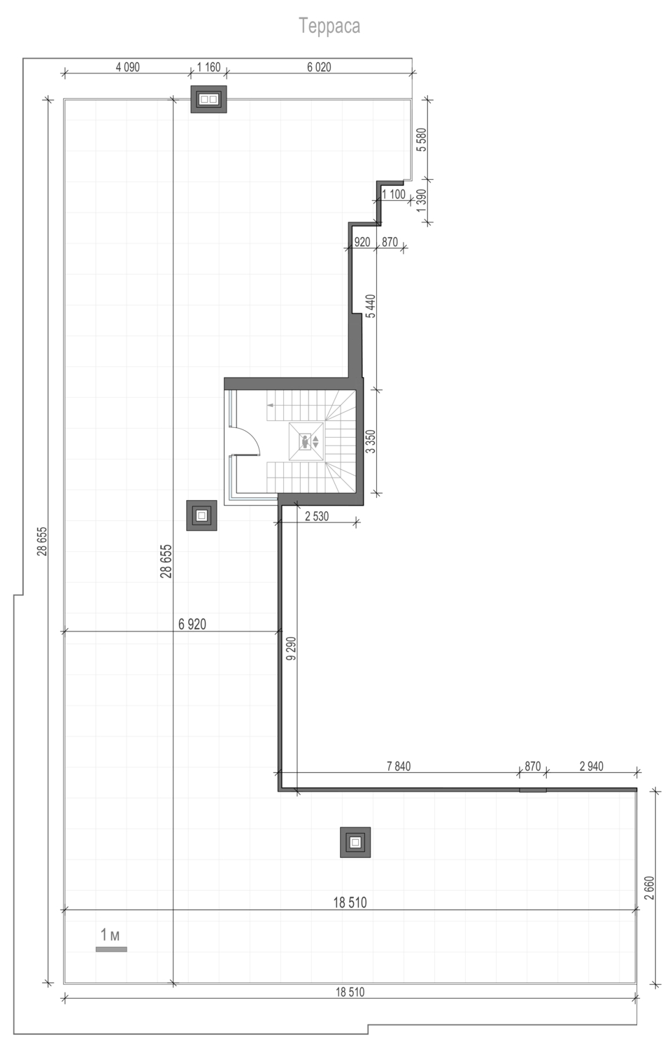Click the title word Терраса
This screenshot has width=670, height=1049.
[329, 27]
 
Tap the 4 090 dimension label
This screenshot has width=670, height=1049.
[128, 67]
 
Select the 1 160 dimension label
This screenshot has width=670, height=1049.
[208, 67]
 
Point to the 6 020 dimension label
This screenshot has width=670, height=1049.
[319, 67]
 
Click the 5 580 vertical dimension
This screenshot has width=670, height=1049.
[422, 140]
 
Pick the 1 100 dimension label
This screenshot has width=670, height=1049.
[394, 194]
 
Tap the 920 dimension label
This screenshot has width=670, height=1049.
[362, 242]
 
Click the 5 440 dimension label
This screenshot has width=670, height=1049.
[371, 306]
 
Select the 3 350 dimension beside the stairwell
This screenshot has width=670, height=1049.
[371, 441]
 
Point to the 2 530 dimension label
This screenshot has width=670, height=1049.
[317, 516]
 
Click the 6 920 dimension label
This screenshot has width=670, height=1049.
[192, 624]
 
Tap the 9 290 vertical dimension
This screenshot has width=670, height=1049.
[291, 648]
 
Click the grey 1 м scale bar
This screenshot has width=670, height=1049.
[111, 949]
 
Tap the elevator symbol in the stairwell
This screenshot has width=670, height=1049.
[306, 441]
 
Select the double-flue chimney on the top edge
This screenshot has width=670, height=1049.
[208, 99]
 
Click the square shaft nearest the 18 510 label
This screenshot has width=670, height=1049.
[355, 843]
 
